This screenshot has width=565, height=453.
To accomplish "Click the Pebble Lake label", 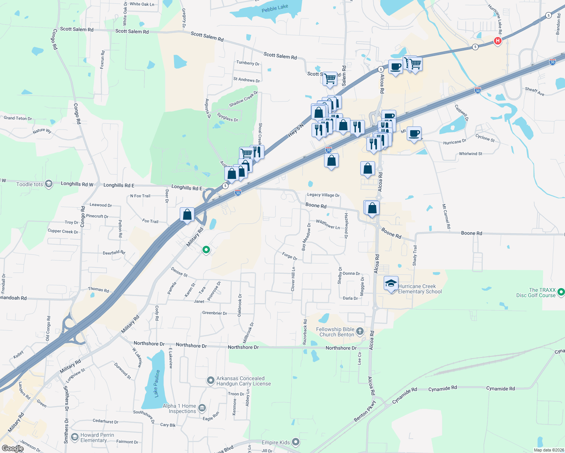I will (275, 8).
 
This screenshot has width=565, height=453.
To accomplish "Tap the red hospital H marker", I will (498, 41).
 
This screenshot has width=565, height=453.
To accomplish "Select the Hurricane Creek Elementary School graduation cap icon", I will (391, 283).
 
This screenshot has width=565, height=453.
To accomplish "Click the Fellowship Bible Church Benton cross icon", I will (360, 331).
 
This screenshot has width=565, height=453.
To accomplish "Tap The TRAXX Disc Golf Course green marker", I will (561, 292).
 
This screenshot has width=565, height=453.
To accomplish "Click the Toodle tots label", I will (29, 184).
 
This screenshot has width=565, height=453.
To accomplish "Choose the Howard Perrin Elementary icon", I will (75, 437).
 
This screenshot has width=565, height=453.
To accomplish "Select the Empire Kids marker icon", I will (296, 442).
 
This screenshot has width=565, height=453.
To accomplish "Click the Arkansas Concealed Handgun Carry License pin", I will (211, 381).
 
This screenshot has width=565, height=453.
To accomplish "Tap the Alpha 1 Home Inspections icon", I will (202, 408).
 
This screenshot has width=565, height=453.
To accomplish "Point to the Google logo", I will (12, 448).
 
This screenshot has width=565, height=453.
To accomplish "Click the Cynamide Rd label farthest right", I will (500, 388).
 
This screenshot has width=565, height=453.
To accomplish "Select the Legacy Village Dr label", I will (323, 195).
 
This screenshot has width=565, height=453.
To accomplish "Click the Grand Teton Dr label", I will (18, 118).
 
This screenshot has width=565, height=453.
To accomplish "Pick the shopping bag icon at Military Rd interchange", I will (187, 214).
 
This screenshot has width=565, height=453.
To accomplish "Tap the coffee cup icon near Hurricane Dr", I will (414, 133).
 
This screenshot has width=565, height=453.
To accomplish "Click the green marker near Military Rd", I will (206, 250).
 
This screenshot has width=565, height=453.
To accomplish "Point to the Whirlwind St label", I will (471, 154).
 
